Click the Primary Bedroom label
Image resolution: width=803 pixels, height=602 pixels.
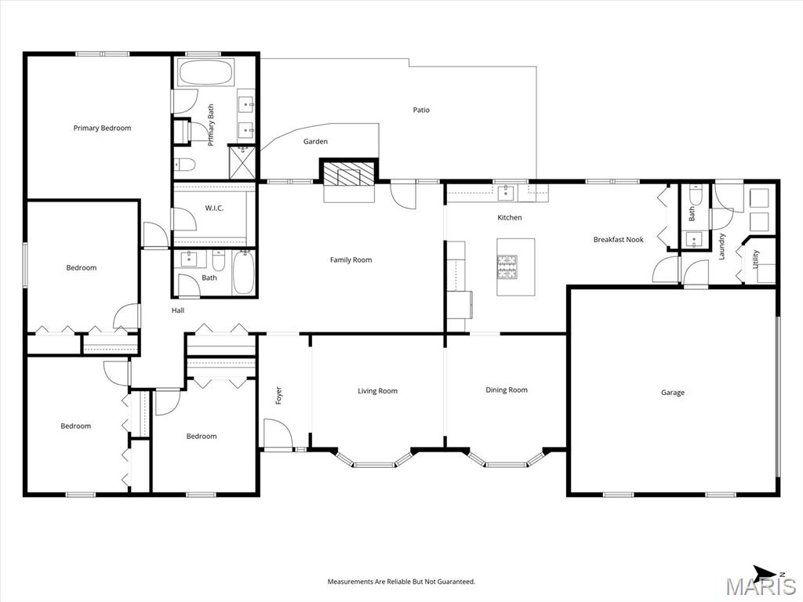tap(102, 128)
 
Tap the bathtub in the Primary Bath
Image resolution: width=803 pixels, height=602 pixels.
tap(205, 73)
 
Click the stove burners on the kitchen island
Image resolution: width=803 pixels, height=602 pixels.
tap(507, 267)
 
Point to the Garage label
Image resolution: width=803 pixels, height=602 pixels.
tap(672, 393)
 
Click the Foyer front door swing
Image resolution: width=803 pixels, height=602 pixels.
tap(278, 433)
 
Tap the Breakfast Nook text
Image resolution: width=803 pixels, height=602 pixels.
tap(618, 240)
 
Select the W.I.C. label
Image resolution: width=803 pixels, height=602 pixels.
tap(214, 209)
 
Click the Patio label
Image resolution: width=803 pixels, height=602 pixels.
tap(421, 110)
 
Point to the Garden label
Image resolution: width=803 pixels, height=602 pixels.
tap(315, 141)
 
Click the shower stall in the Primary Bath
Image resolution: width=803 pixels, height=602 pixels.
tap(242, 163)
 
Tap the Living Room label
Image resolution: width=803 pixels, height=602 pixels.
tap(377, 391)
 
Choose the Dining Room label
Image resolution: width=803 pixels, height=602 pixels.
tap(507, 390)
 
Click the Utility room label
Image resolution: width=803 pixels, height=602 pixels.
tap(756, 259)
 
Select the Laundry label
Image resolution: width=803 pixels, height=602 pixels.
tap(721, 246)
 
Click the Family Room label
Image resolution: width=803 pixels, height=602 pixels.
tap(351, 260)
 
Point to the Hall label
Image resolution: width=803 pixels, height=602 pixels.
tap(178, 310)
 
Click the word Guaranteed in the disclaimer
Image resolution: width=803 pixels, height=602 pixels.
tap(457, 582)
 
